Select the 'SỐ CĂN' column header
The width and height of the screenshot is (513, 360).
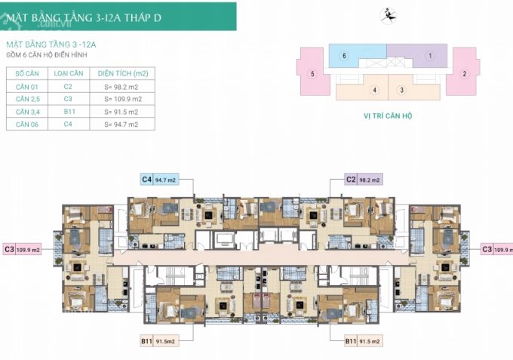pyautogui.click(x=26, y=74)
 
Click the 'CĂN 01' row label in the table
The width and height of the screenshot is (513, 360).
pyautogui.click(x=26, y=87)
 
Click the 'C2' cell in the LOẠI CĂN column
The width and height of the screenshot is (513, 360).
pyautogui.click(x=67, y=87)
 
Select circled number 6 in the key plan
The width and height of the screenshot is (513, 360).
pyautogui.click(x=343, y=56)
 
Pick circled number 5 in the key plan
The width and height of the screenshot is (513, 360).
pyautogui.click(x=312, y=74)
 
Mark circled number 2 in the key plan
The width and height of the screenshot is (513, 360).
pyautogui.click(x=465, y=74)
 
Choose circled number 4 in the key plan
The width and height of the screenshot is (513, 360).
pyautogui.click(x=373, y=91)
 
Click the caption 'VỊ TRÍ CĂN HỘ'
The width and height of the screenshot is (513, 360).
pyautogui.click(x=389, y=117)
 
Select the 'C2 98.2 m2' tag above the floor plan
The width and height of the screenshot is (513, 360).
pyautogui.click(x=363, y=180)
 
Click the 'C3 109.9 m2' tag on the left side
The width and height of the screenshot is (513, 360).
pyautogui.click(x=21, y=248)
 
